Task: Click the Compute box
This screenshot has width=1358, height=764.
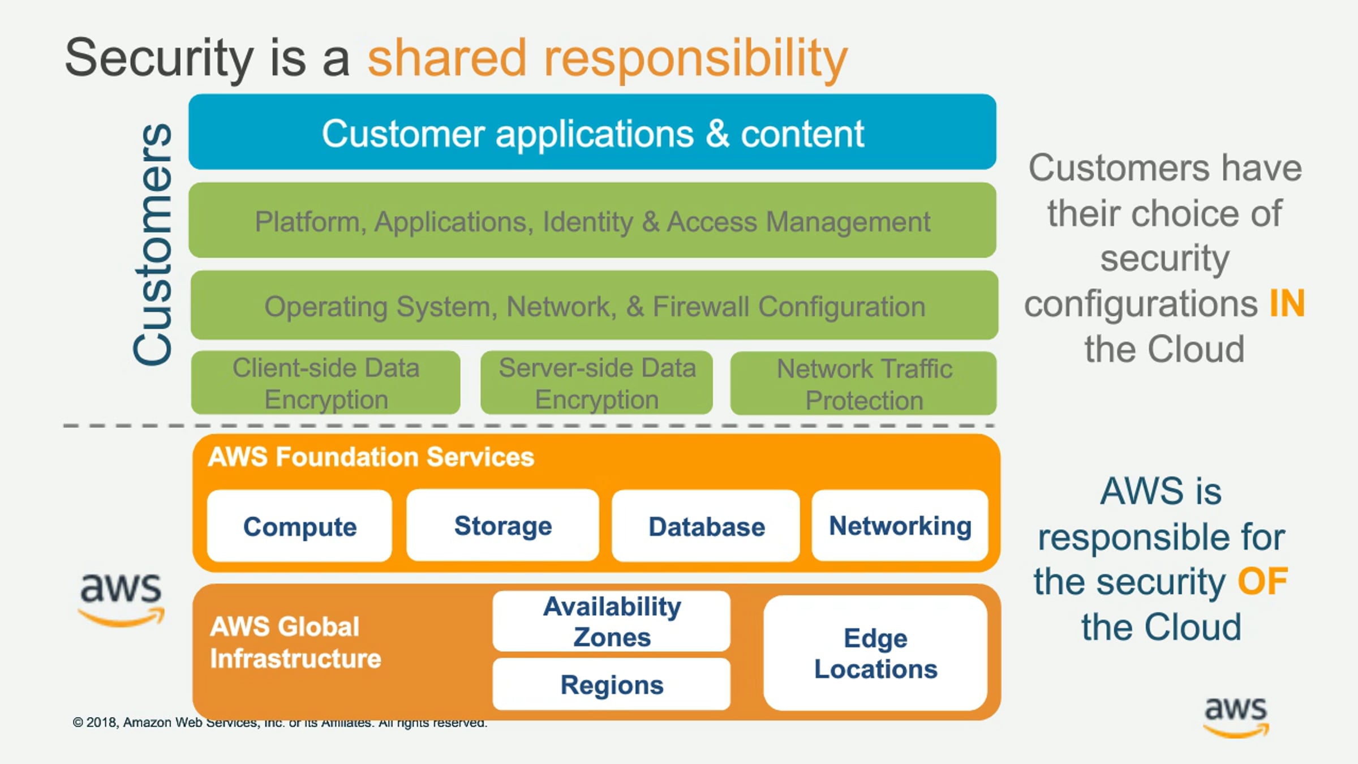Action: tap(299, 526)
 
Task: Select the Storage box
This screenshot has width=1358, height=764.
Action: tap(502, 526)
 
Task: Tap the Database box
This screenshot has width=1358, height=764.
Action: tap(706, 526)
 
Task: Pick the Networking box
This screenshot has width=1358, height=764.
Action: tap(900, 526)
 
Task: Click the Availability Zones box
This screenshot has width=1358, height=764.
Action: tap(611, 621)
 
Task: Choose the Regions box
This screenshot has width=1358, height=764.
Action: tap(611, 684)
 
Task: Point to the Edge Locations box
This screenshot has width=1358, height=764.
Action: tap(875, 653)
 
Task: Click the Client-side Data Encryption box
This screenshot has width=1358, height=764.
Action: tap(325, 383)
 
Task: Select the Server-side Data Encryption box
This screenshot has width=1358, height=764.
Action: tap(596, 383)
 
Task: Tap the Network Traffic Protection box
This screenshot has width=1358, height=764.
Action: tap(863, 384)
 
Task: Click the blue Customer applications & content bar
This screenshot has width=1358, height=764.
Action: tap(592, 133)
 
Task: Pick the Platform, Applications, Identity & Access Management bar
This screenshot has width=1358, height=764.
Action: tap(592, 221)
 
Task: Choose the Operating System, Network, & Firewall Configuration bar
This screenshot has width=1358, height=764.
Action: tap(594, 306)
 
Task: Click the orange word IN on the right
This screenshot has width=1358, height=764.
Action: tap(1287, 303)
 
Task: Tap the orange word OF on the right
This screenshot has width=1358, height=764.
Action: tap(1262, 581)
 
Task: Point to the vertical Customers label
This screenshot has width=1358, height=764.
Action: tap(153, 244)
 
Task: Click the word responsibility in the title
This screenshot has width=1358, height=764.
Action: tap(695, 58)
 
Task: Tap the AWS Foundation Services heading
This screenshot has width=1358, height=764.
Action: tap(371, 457)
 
